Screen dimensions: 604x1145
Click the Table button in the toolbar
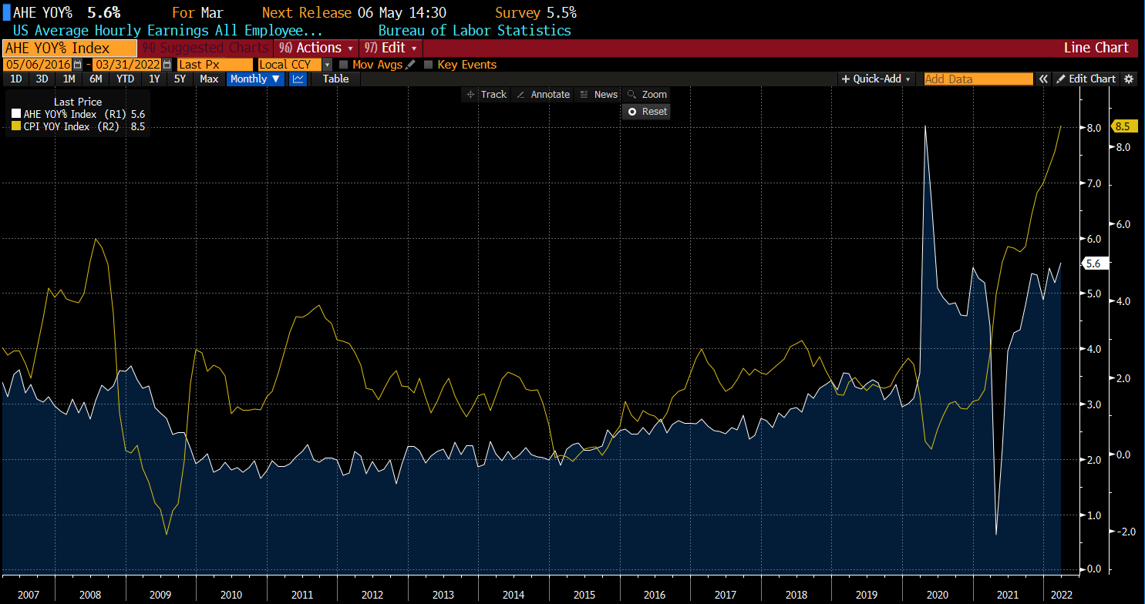click(x=335, y=79)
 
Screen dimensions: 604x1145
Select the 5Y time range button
click(x=180, y=79)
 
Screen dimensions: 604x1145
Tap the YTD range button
click(x=126, y=79)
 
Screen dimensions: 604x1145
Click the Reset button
click(x=647, y=112)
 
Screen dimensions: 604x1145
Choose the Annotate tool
click(x=544, y=95)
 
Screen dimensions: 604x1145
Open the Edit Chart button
click(x=1086, y=79)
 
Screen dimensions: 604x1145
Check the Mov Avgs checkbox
click(x=344, y=65)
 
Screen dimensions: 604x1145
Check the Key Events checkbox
click(x=429, y=65)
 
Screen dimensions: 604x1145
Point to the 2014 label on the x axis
click(x=513, y=595)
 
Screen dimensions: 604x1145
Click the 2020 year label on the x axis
click(x=937, y=595)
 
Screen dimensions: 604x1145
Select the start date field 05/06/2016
click(x=39, y=65)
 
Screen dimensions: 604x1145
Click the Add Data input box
click(x=978, y=79)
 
